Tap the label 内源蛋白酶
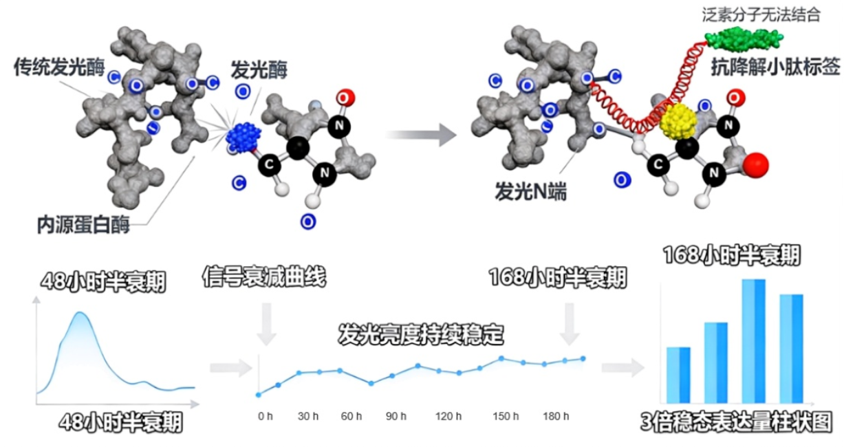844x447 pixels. pyautogui.click(x=84, y=224)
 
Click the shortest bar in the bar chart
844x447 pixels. pyautogui.click(x=678, y=375)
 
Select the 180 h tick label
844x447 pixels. pyautogui.click(x=556, y=417)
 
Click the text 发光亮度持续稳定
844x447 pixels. pyautogui.click(x=421, y=336)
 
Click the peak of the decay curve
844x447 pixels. pyautogui.click(x=81, y=314)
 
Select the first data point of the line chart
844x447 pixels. pyautogui.click(x=259, y=395)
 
